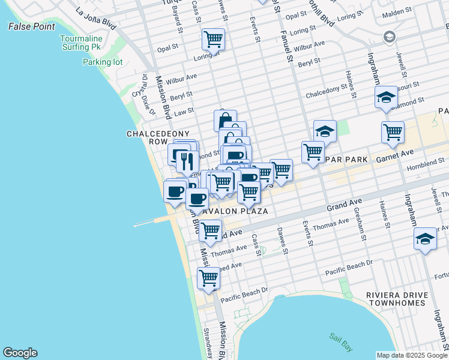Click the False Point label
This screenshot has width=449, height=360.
click(31, 26)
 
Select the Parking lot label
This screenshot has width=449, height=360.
click(102, 62)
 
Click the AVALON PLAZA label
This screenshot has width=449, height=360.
click(233, 211)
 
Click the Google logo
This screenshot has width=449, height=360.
click(20, 353)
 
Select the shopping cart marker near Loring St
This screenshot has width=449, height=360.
click(213, 40)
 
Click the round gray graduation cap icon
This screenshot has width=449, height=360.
click(389, 37)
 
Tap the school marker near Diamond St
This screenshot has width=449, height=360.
click(386, 97)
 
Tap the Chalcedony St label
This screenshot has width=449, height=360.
click(327, 95)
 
